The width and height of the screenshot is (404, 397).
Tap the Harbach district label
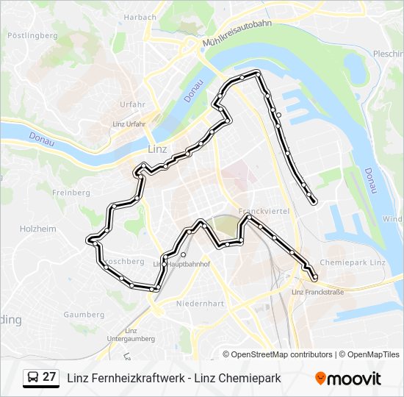(140, 17)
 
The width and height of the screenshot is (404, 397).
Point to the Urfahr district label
(132, 104)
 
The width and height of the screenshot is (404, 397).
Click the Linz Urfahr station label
(129, 124)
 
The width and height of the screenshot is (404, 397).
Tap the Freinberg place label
(71, 193)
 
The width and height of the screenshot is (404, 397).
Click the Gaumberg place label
(84, 314)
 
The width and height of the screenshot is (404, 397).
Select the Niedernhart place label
(200, 302)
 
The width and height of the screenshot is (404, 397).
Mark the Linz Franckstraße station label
(317, 292)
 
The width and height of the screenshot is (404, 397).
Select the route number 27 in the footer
(50, 377)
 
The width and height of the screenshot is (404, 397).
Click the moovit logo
(348, 378)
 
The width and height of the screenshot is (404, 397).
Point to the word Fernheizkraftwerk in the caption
(140, 378)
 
